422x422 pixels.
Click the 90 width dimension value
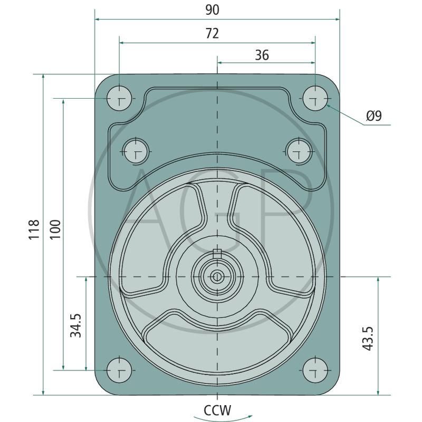click(x=213, y=10)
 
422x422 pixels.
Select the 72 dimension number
click(x=212, y=34)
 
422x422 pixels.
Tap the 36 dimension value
click(x=262, y=55)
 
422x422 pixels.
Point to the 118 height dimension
click(x=34, y=229)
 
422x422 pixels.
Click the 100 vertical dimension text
click(x=55, y=229)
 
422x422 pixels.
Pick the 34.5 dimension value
click(x=75, y=325)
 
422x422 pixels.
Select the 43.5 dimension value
click(x=368, y=338)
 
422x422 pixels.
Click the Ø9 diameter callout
click(x=374, y=116)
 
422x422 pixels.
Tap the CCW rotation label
click(x=217, y=410)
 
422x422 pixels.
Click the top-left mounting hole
click(x=119, y=99)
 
